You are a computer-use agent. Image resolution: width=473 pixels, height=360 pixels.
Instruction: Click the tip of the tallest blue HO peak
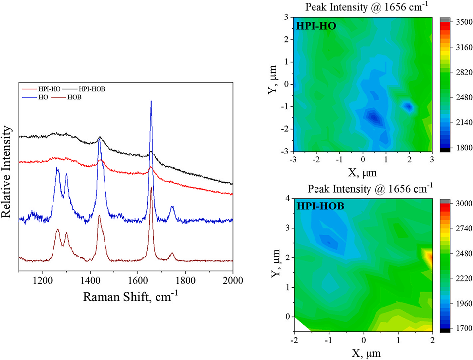151,101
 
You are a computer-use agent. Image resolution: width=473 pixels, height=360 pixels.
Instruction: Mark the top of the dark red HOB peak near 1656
151,188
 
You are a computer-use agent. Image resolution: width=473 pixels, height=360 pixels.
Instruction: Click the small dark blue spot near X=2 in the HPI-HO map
409,106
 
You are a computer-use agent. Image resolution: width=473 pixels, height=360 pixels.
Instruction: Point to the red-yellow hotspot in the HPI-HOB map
429,257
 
